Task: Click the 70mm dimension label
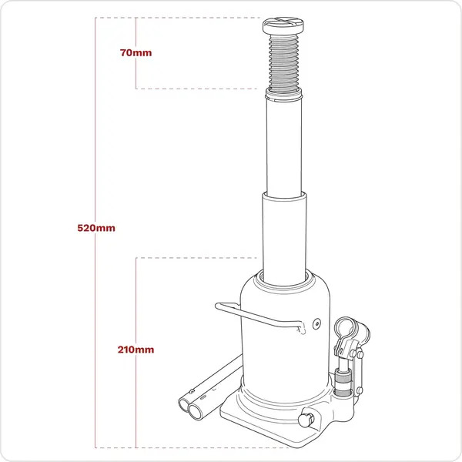(136, 53)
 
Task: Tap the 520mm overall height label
(96, 228)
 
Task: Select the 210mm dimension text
(137, 349)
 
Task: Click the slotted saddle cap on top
(289, 27)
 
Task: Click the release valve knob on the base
(306, 420)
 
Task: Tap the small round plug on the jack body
(315, 323)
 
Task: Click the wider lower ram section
(286, 235)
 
